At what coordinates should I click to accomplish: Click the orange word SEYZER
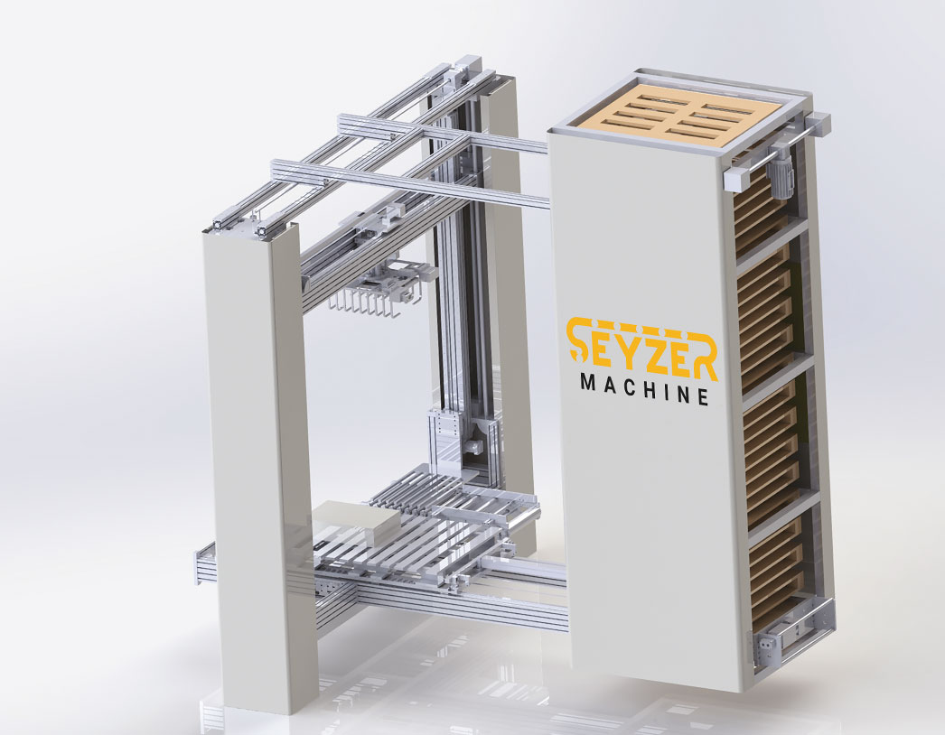tap(642, 349)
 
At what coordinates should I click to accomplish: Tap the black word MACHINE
tap(644, 390)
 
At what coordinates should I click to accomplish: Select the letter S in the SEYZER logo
tap(580, 341)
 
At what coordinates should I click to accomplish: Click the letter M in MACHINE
tap(588, 382)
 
